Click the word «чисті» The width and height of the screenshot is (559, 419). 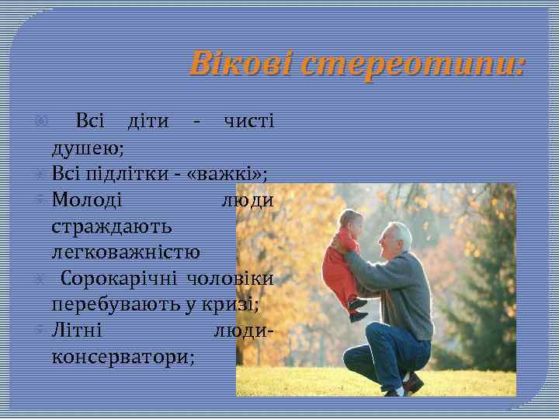(248, 122)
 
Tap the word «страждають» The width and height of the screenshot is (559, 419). (113, 226)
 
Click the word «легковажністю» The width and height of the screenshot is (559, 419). (126, 251)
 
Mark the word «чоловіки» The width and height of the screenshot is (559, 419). (235, 278)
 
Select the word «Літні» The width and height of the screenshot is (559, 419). (77, 330)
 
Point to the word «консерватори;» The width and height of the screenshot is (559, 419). (123, 356)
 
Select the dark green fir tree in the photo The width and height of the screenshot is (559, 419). (487, 295)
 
